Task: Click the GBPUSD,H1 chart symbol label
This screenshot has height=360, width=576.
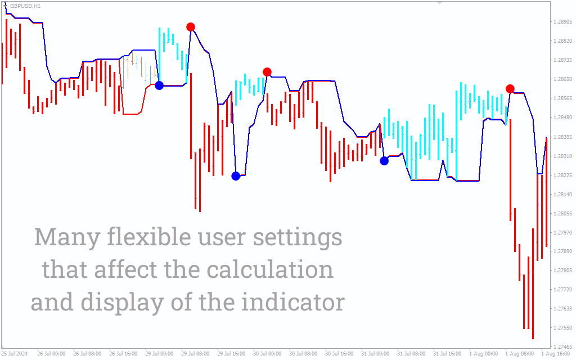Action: [25, 6]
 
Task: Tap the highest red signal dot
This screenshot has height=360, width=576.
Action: [190, 27]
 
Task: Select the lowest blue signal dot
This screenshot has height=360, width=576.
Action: [236, 176]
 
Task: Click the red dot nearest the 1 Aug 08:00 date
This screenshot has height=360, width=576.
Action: [510, 88]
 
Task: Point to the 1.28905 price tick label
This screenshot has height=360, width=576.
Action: [562, 22]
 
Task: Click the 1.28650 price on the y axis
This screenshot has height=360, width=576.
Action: [562, 79]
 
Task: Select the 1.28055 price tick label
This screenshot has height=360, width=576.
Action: [562, 213]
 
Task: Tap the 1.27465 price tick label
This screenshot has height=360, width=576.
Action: [562, 346]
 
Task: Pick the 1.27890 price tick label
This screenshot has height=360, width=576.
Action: [562, 251]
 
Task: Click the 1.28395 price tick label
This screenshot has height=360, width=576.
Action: [562, 137]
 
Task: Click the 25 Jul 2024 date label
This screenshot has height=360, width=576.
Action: [15, 354]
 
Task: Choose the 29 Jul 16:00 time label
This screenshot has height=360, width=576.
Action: [231, 354]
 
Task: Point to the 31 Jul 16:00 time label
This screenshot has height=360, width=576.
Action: [447, 354]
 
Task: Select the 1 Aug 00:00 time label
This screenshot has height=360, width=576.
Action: [483, 354]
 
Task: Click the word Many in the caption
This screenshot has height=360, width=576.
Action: [67, 238]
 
